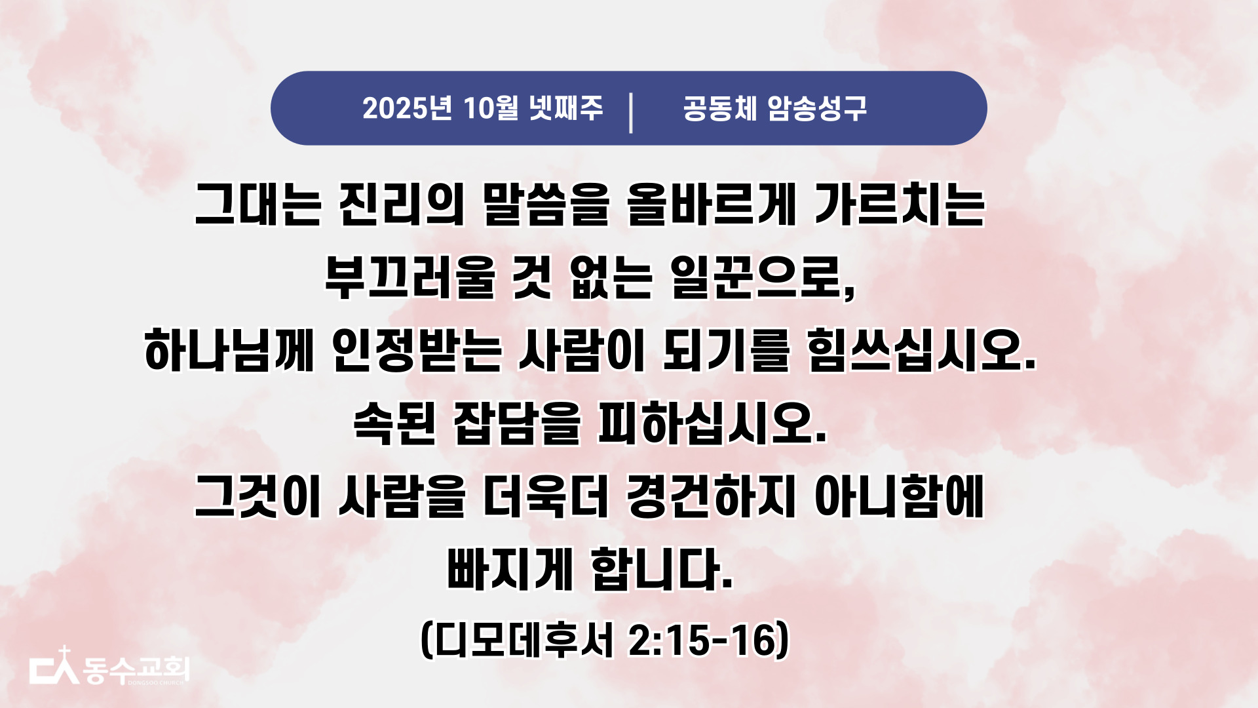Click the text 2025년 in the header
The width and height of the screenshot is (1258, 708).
[x=407, y=108]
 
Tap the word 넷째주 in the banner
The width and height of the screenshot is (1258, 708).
[x=566, y=108]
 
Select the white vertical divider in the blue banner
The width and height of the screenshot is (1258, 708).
[x=631, y=113]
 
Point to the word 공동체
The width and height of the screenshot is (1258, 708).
[x=720, y=108]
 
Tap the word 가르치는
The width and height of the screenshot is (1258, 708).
[x=900, y=205]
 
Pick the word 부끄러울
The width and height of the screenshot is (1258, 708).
[x=410, y=277]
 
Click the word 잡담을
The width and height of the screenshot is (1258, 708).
[x=517, y=423]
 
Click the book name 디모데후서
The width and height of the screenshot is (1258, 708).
[x=525, y=640]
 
